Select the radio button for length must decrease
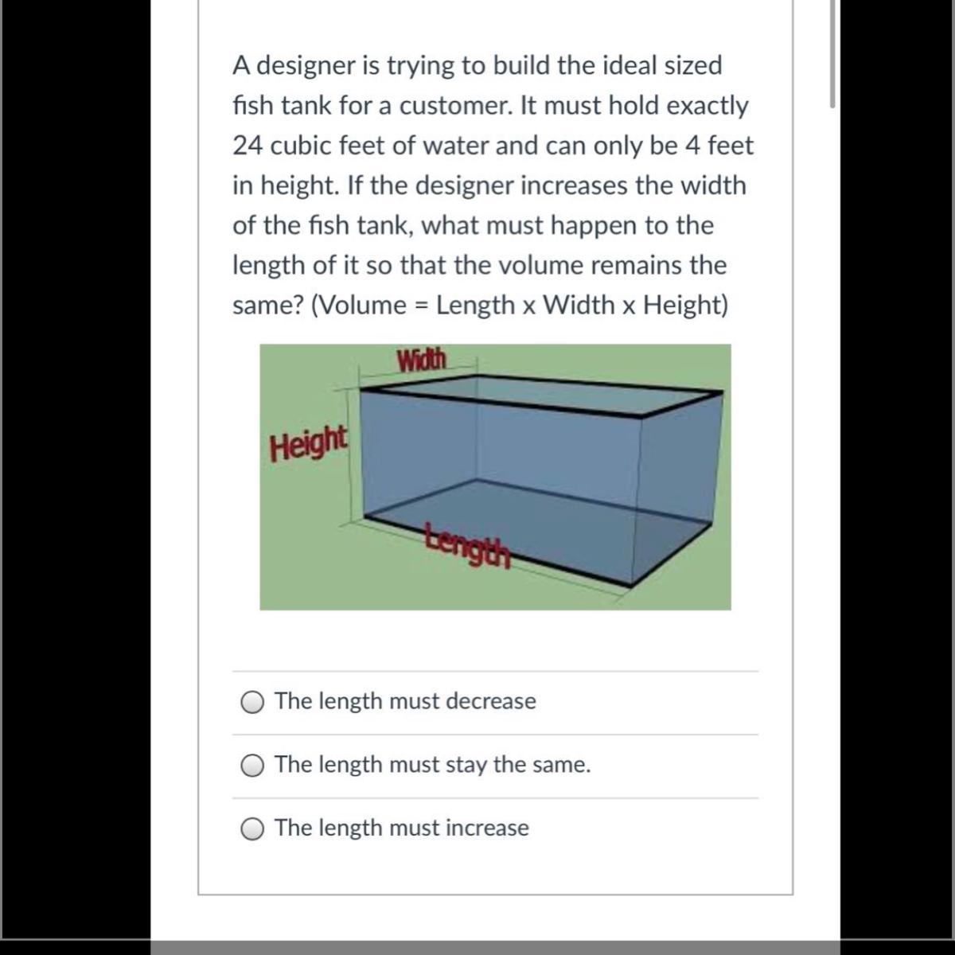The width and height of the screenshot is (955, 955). [251, 702]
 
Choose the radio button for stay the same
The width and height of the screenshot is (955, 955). [251, 766]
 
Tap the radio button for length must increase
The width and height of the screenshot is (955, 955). [251, 829]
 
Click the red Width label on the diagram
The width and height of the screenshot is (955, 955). [422, 360]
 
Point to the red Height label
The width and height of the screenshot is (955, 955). [308, 443]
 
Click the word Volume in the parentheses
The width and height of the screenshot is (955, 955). [364, 305]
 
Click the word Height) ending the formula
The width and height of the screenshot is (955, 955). [685, 306]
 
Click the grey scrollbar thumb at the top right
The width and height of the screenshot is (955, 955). [832, 53]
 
